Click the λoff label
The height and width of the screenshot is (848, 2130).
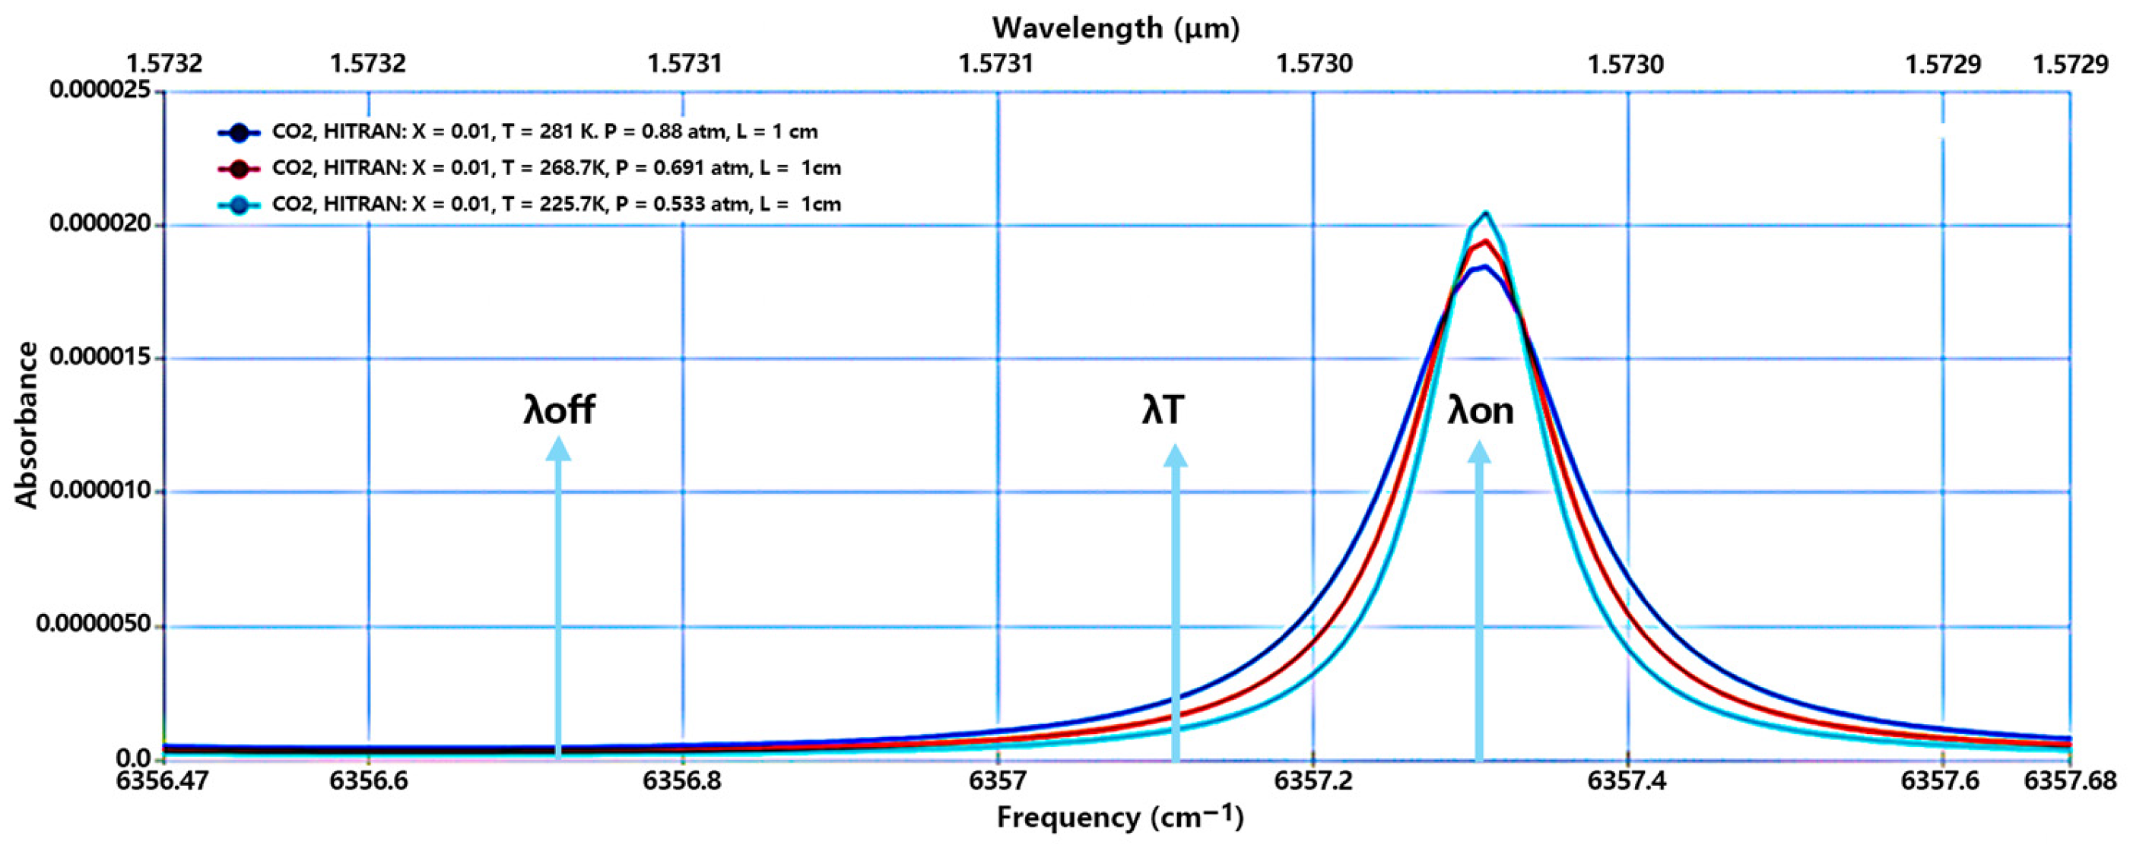pyautogui.click(x=559, y=410)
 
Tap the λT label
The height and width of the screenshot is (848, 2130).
pyautogui.click(x=1163, y=410)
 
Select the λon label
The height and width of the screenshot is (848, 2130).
pyautogui.click(x=1480, y=410)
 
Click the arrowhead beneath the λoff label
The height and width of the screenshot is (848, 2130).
pyautogui.click(x=559, y=449)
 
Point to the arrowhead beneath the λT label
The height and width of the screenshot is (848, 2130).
pyautogui.click(x=1175, y=455)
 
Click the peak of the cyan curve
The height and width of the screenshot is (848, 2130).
pyautogui.click(x=1486, y=214)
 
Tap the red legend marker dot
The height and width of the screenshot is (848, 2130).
pyautogui.click(x=239, y=169)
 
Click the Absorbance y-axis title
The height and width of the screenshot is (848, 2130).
pyautogui.click(x=27, y=425)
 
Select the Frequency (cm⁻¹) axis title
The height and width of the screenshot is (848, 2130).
pyautogui.click(x=1119, y=818)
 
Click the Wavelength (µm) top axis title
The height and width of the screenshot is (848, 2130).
pyautogui.click(x=1116, y=28)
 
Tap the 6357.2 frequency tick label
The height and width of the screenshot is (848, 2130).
pyautogui.click(x=1313, y=780)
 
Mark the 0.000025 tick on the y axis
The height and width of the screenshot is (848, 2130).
pyautogui.click(x=105, y=89)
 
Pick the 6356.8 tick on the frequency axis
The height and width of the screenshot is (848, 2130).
pyautogui.click(x=682, y=780)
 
